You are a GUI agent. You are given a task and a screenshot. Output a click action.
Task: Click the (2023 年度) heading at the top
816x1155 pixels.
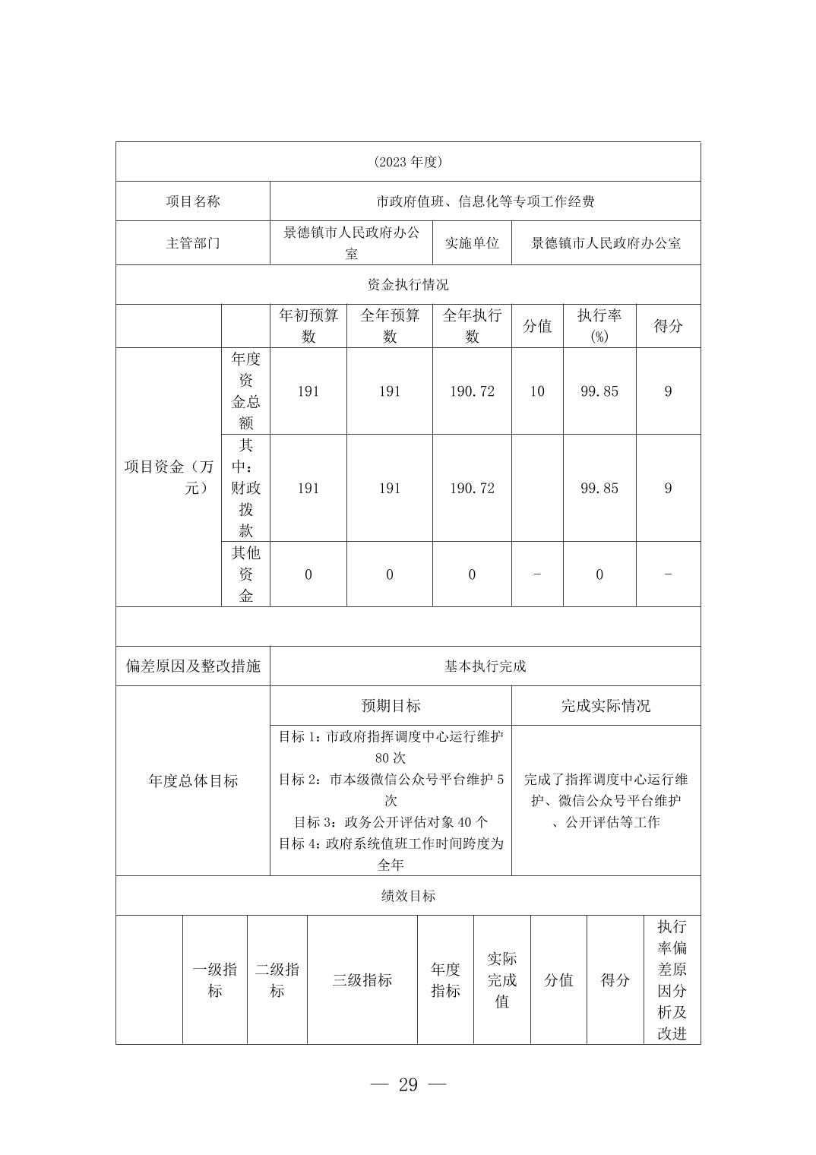coord(408,162)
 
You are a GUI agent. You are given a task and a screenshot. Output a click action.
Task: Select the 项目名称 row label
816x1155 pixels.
coord(193,201)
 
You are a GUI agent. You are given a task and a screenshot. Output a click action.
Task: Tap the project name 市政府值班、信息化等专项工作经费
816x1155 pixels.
coord(485,201)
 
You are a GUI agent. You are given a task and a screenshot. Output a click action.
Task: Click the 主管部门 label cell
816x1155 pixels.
coord(193,243)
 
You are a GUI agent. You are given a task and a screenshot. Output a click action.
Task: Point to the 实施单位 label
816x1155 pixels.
coord(472,243)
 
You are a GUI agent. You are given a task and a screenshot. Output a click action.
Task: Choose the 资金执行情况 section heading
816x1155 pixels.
coord(408,284)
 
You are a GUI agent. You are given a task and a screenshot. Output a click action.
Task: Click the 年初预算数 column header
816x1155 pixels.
coord(308,326)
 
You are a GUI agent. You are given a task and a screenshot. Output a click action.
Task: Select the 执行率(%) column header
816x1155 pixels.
coord(599,326)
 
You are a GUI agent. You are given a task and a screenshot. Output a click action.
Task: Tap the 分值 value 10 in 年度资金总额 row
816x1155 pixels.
coord(537,391)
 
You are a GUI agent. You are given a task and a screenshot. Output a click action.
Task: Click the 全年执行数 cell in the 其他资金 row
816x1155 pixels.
coord(472,574)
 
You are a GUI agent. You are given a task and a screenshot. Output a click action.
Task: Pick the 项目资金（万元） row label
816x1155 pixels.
coord(169,476)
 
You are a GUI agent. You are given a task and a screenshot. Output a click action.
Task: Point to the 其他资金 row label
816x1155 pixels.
coord(245,574)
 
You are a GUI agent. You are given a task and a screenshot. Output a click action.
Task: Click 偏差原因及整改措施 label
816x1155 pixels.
coord(193,666)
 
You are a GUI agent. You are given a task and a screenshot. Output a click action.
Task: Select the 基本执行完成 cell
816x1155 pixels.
coord(485,666)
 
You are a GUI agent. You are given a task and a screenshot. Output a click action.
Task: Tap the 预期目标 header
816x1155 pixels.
coord(391,706)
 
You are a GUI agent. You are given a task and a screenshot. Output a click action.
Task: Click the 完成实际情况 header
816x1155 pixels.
coord(606,706)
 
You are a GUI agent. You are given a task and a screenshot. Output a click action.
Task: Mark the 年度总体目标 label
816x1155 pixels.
coord(193,781)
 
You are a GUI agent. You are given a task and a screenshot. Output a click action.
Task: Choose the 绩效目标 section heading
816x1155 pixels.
coord(408,896)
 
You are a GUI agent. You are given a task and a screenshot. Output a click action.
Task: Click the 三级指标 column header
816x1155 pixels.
coord(362,980)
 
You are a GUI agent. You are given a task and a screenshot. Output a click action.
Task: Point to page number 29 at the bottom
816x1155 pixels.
coord(408,1084)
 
